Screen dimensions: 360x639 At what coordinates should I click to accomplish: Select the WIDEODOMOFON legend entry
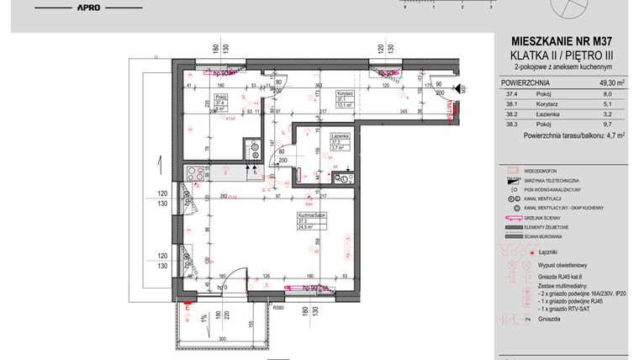(547, 170)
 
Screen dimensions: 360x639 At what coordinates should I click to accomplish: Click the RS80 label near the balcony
(279, 309)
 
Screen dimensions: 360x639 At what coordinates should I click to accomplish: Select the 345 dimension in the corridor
(380, 112)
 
